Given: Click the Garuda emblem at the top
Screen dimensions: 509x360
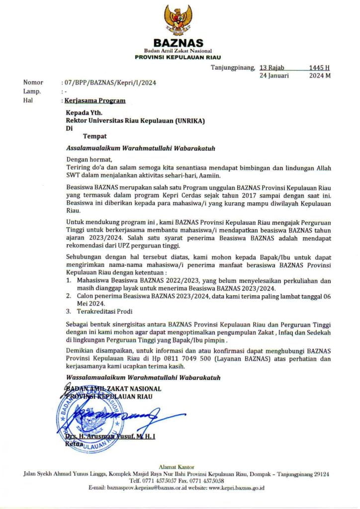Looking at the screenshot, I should (178, 20).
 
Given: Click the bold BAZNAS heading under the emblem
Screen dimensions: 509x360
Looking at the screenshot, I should (178, 43).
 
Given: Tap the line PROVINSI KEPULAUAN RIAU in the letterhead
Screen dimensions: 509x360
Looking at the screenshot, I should (178, 58).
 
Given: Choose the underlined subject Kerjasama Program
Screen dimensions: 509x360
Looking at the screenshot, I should (95, 100).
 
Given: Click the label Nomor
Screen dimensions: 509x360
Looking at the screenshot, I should (33, 83).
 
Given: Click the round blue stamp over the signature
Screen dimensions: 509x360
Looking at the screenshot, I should (90, 418).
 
